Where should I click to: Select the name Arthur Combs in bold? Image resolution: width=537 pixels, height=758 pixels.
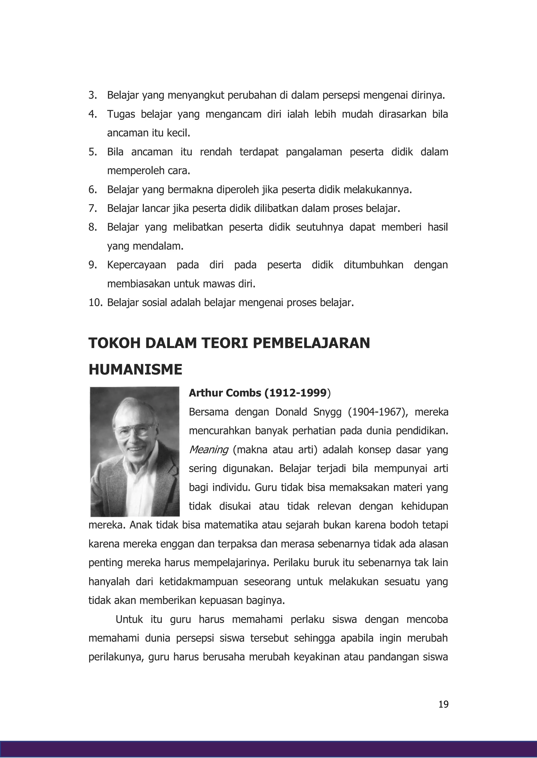tap(225, 393)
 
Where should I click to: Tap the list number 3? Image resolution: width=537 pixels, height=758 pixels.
tap(92, 95)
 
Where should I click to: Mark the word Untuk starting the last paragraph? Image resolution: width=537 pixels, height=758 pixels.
tap(129, 619)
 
